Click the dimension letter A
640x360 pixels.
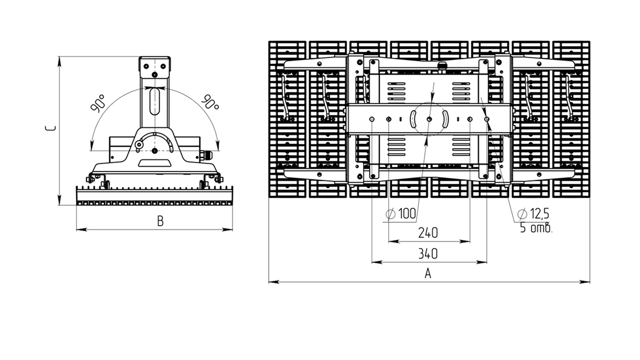pos(428,273)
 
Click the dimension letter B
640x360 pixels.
pos(160,221)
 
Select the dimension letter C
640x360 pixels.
pos(50,128)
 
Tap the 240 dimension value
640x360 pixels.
pos(428,233)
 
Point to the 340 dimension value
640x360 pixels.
pos(428,254)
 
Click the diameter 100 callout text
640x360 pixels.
pos(401,213)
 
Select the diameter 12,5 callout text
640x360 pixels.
pos(533,213)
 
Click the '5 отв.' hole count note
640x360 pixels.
pos(536,228)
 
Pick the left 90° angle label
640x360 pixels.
pos(98,103)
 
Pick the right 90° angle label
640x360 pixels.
pos(211,102)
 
